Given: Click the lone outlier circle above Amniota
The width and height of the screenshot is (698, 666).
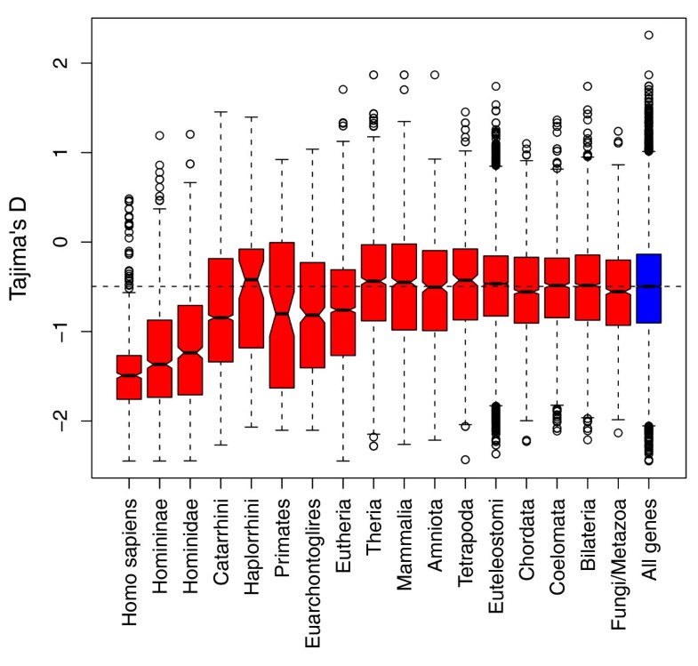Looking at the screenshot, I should tap(435, 75).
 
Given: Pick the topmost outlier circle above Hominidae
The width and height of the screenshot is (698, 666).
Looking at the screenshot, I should tap(190, 134).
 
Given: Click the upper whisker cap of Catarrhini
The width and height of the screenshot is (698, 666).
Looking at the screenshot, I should tap(221, 113).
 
